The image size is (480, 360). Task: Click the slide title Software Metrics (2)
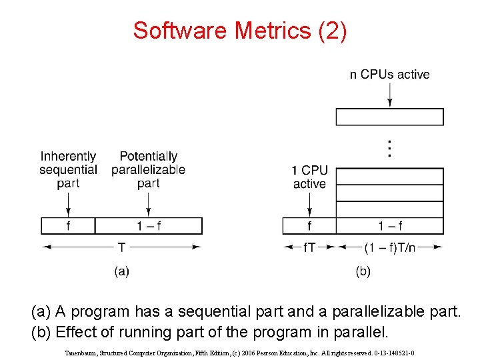[x=239, y=31]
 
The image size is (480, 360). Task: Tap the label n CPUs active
[x=389, y=74]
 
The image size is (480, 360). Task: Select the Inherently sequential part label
[x=68, y=169]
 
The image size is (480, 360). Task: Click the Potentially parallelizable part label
[x=148, y=169]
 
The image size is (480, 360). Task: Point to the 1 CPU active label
[x=309, y=177]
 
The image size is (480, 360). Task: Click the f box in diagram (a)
[x=68, y=226]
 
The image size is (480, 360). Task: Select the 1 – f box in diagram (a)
[x=149, y=226]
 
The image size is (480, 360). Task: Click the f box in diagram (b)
[x=309, y=226]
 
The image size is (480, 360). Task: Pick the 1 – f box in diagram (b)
[x=389, y=226]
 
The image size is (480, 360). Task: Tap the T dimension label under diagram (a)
[x=121, y=247]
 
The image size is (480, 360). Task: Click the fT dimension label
[x=309, y=247]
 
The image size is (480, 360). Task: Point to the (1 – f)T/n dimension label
[x=390, y=247]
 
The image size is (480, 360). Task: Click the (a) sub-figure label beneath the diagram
[x=121, y=271]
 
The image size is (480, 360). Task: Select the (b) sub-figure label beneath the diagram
[x=363, y=271]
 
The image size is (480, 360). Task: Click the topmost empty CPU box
[x=389, y=117]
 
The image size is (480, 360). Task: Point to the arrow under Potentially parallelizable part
[x=148, y=203]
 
